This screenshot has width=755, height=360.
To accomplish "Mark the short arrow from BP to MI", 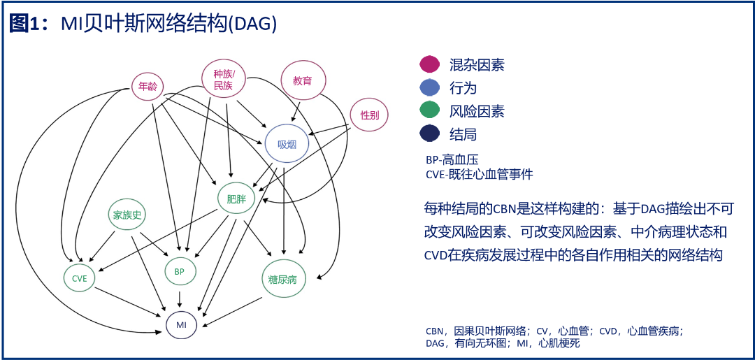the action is tap(180, 299).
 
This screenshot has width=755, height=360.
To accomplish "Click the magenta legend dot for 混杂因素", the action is tap(429, 64).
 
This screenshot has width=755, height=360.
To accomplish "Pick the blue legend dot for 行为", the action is tap(429, 87).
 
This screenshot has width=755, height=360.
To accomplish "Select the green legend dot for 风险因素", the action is tap(429, 111).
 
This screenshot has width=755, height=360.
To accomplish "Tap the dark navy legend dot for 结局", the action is tap(429, 134).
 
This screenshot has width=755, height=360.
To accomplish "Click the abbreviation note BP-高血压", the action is tap(452, 159).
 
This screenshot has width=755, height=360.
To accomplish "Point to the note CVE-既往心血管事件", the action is tap(479, 174).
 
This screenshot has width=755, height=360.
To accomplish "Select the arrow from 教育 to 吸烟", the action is tap(296, 110).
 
